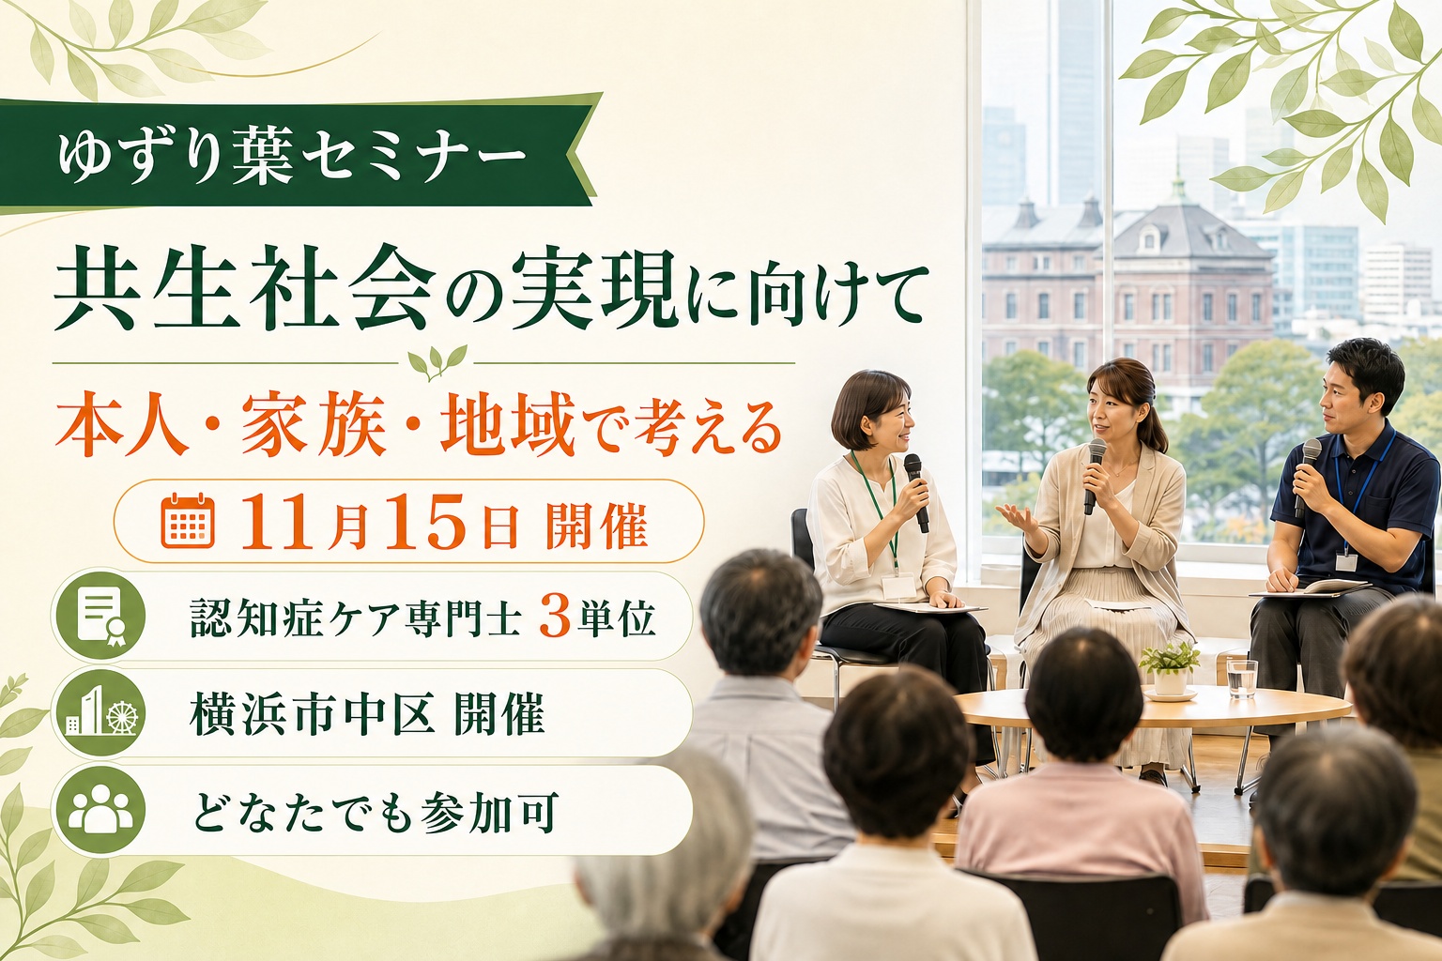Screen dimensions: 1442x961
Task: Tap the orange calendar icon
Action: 188,521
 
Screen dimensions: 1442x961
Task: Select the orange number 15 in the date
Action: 425,521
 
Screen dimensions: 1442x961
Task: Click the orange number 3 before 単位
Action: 554,617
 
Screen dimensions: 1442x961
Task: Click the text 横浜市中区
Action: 312,714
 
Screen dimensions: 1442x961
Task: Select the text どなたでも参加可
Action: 375,811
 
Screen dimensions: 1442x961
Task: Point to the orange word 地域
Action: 508,428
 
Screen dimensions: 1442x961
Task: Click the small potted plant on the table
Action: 1169,668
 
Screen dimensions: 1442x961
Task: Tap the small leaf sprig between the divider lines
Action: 437,362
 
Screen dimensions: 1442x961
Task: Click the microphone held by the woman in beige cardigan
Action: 1095,475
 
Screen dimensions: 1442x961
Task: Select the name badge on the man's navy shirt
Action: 1346,561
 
